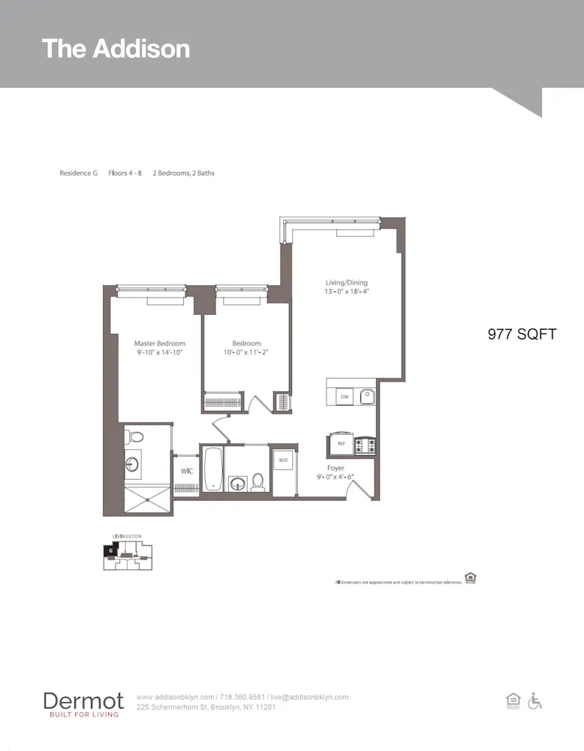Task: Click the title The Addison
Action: point(116,49)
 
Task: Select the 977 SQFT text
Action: point(522,334)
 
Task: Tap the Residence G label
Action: point(79,173)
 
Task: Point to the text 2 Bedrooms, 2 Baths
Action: point(184,173)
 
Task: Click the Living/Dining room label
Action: point(346,282)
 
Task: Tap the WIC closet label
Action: point(187,471)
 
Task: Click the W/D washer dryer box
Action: point(284,460)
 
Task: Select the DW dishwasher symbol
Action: point(345,396)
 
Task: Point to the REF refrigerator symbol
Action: point(340,444)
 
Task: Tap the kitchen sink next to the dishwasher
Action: point(366,395)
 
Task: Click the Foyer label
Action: point(336,468)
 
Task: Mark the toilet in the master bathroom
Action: point(134,436)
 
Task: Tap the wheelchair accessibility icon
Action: point(534,701)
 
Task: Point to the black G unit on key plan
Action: point(111,550)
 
